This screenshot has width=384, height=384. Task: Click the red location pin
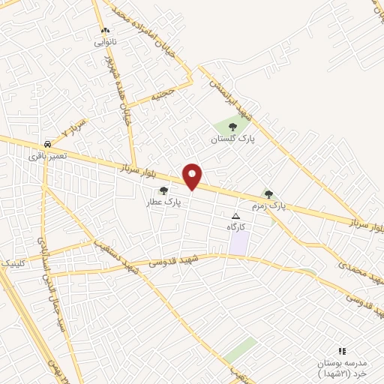193,175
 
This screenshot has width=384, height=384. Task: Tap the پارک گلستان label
232,139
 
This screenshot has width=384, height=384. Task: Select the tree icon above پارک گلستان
232,127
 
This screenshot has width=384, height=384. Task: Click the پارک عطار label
164,202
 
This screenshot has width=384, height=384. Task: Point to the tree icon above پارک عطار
164,190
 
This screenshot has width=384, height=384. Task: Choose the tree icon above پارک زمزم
268,194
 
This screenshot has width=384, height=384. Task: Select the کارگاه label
236,226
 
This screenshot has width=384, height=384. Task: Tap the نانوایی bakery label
105,43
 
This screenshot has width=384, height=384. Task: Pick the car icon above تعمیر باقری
47,143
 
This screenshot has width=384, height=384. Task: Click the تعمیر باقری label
47,156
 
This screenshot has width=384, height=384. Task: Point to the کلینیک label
13,264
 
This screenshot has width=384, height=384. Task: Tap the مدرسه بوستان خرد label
343,367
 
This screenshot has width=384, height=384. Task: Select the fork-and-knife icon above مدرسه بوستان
342,350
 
